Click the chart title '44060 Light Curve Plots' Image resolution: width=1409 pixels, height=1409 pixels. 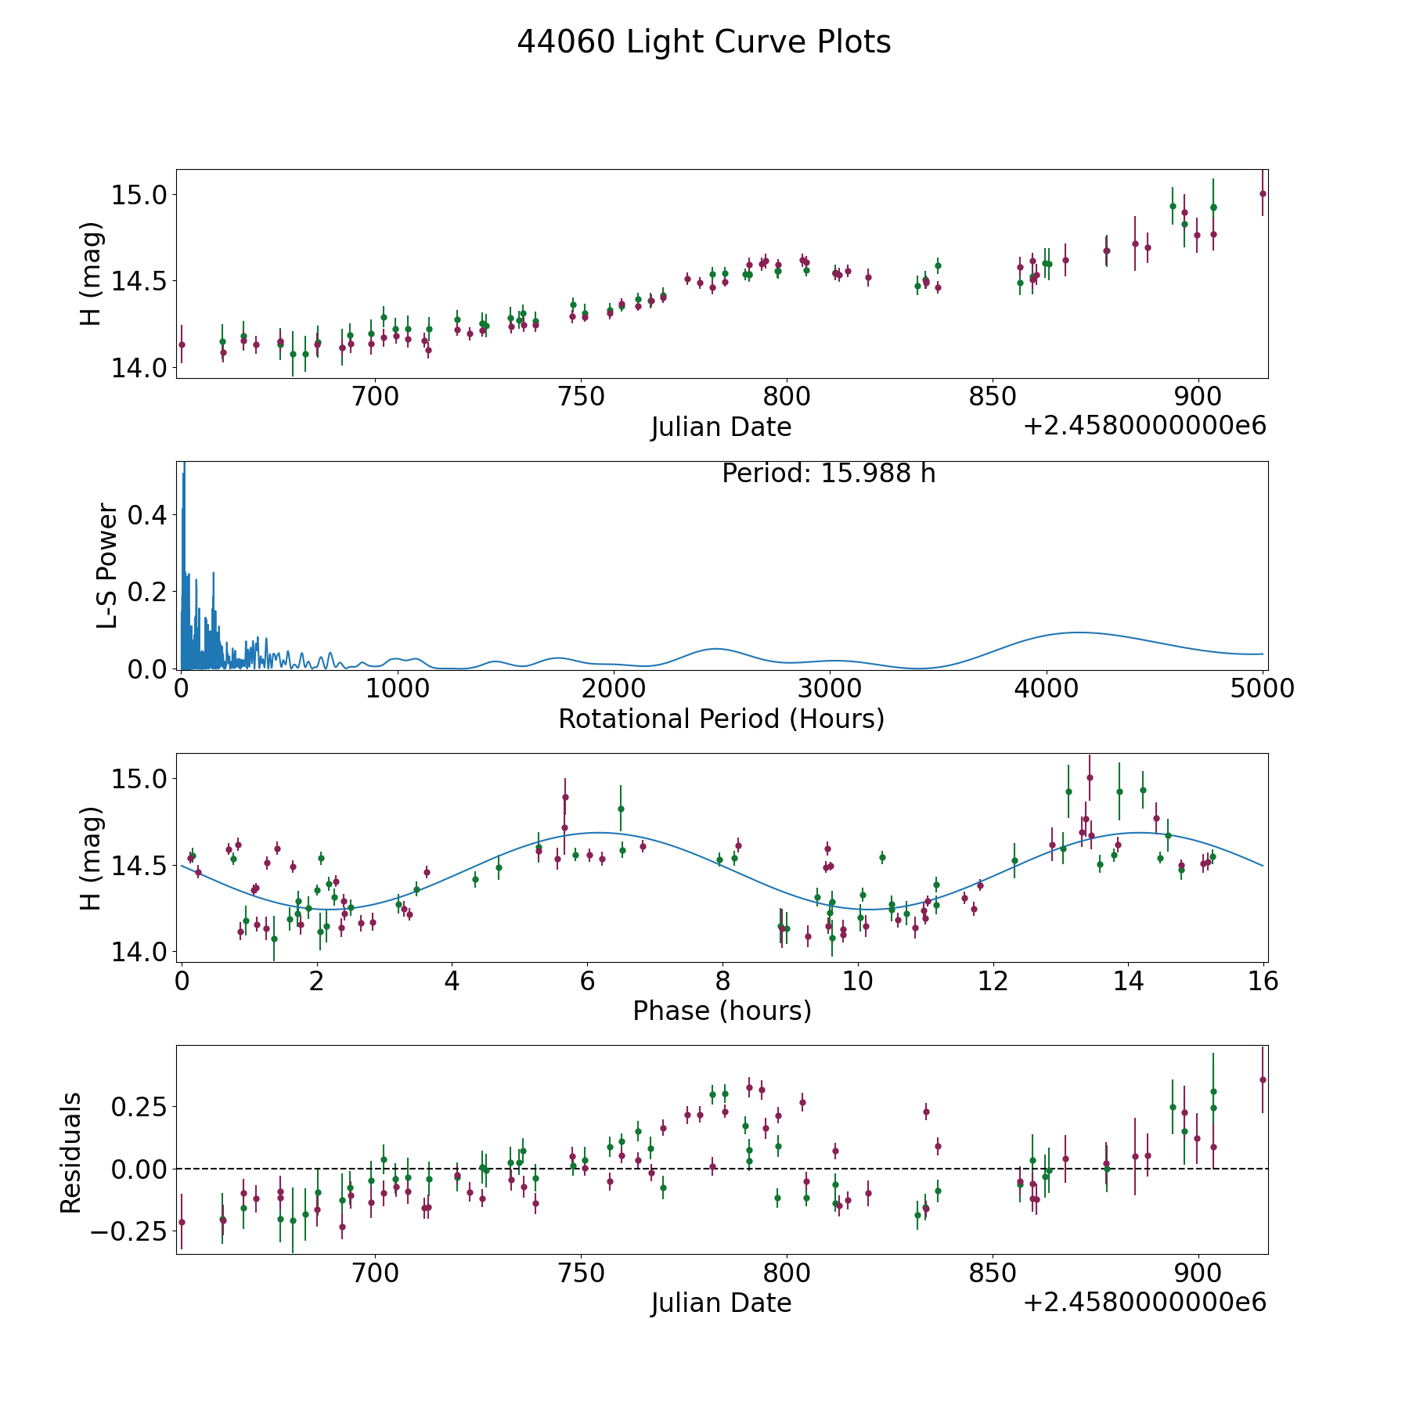[x=704, y=42]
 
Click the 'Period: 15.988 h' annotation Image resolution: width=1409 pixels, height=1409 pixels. [x=828, y=474]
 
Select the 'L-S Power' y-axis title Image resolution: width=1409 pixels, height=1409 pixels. [x=108, y=565]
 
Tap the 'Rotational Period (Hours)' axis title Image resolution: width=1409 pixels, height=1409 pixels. [x=721, y=719]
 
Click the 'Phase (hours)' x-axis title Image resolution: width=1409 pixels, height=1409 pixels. [x=722, y=1011]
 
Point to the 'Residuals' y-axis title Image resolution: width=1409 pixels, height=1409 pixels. [x=70, y=1152]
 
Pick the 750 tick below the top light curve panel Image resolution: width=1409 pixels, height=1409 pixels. [x=581, y=397]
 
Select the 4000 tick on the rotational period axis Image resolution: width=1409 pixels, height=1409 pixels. [x=1046, y=689]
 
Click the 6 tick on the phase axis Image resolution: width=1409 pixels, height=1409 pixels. [x=587, y=981]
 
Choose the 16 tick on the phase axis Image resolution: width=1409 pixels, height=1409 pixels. [x=1263, y=981]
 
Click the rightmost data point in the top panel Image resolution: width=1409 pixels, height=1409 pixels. [x=1262, y=193]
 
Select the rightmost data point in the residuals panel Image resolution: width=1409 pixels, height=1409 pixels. [x=1262, y=1079]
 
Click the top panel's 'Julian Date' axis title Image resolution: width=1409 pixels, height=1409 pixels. [x=721, y=427]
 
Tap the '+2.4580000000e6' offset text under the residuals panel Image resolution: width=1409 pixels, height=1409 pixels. [x=1144, y=1303]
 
